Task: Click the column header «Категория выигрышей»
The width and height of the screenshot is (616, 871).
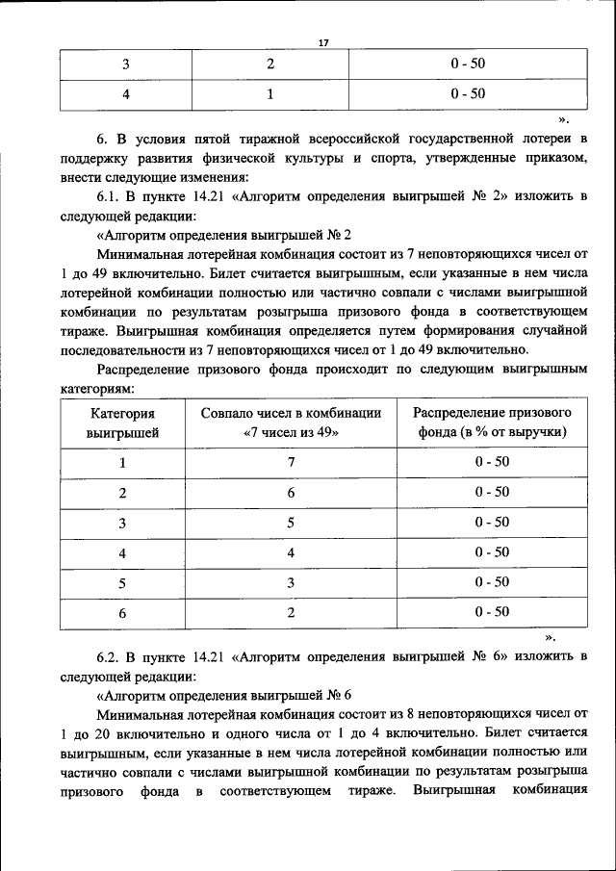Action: click(122, 423)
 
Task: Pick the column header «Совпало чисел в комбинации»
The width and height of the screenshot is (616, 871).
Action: click(292, 413)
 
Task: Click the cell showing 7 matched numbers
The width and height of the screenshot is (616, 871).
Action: click(291, 462)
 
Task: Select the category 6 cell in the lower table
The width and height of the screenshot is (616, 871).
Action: click(122, 613)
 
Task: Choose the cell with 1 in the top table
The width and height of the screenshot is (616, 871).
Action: click(270, 94)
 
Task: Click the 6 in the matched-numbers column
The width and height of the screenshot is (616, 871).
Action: click(291, 492)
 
